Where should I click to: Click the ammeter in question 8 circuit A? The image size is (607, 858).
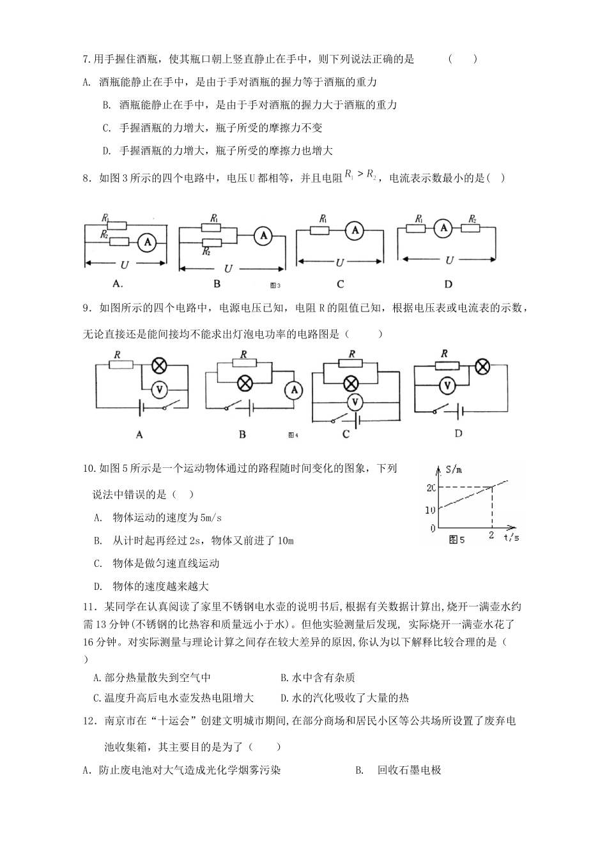(148, 243)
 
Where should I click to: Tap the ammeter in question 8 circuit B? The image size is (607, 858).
(262, 236)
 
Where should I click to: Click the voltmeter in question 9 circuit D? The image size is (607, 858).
(448, 385)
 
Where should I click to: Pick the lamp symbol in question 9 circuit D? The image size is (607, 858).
(484, 366)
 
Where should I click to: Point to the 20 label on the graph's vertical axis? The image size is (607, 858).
(431, 488)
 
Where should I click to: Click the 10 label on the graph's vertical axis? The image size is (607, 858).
(430, 509)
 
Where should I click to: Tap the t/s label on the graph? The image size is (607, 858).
(511, 538)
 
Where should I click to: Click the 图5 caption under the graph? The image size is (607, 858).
(457, 540)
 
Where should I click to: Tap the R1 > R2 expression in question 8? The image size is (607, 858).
(361, 174)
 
